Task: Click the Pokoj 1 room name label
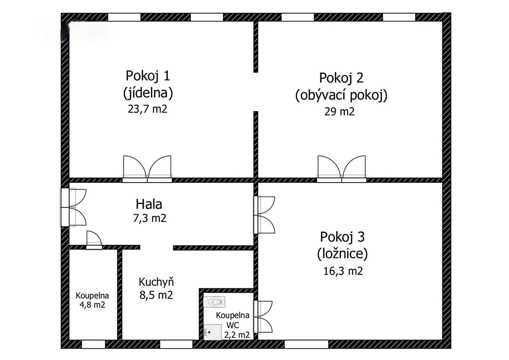[148, 76]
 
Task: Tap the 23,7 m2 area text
[147, 109]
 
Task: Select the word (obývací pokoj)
[341, 95]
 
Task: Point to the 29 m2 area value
[339, 111]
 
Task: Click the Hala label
[149, 204]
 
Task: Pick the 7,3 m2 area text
[149, 218]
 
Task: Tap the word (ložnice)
[342, 254]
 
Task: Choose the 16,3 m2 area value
[343, 271]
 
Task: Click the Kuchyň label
[156, 282]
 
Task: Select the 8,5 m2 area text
[156, 295]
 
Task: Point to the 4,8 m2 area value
[92, 305]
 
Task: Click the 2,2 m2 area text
[237, 335]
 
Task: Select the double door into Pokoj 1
[147, 169]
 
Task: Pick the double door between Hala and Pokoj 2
[341, 169]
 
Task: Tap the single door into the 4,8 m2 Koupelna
[94, 240]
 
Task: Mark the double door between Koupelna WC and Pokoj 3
[263, 317]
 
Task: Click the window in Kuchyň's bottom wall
[176, 344]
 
